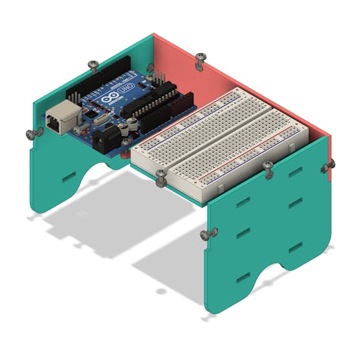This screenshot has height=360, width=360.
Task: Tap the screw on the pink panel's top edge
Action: [200, 57]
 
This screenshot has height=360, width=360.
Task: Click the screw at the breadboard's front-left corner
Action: [160, 175]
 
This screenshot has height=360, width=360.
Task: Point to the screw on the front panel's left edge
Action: [207, 234]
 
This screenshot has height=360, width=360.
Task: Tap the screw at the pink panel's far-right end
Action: [328, 167]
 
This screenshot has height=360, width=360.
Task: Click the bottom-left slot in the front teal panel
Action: [243, 279]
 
